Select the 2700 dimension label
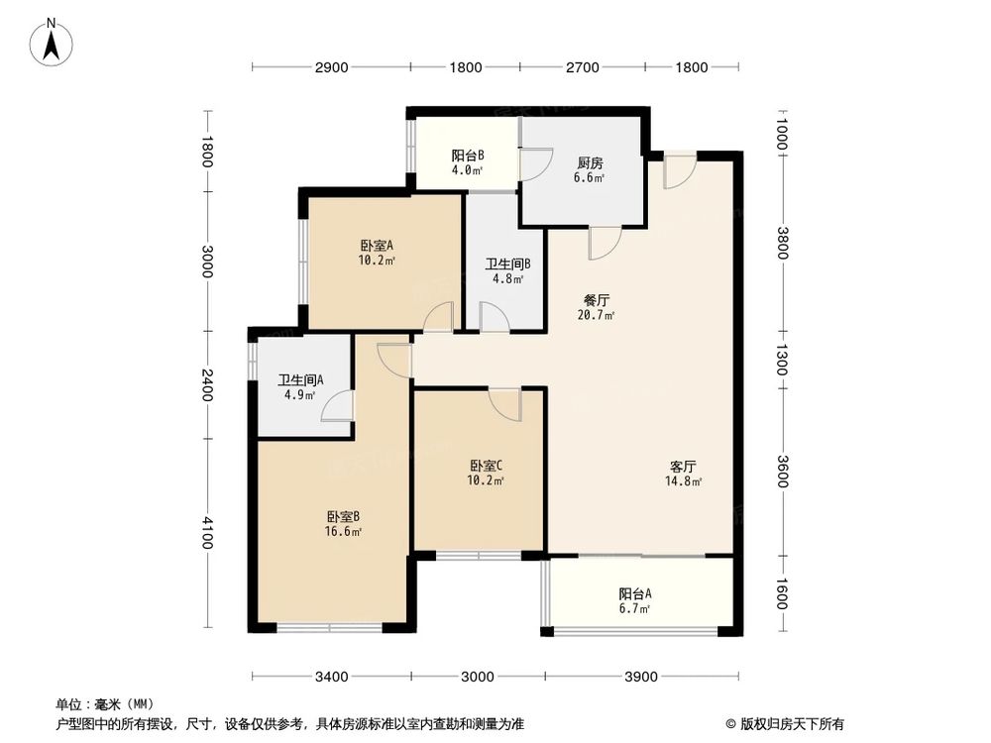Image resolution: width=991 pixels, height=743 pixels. tap(583, 67)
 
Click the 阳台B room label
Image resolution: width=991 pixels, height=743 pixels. tap(467, 161)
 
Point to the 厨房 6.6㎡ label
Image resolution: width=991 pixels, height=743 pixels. tap(590, 169)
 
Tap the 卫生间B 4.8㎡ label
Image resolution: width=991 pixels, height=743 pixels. tap(508, 270)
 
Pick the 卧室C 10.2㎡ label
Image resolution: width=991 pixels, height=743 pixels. tap(487, 473)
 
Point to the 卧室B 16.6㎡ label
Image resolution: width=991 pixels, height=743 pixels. tap(343, 523)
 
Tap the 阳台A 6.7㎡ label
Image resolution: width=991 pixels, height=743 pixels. tap(635, 600)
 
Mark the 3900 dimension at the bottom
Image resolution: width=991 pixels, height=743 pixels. tap(641, 677)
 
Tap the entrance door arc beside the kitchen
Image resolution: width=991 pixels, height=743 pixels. tap(680, 170)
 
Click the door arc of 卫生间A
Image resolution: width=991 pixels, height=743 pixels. tap(337, 406)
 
